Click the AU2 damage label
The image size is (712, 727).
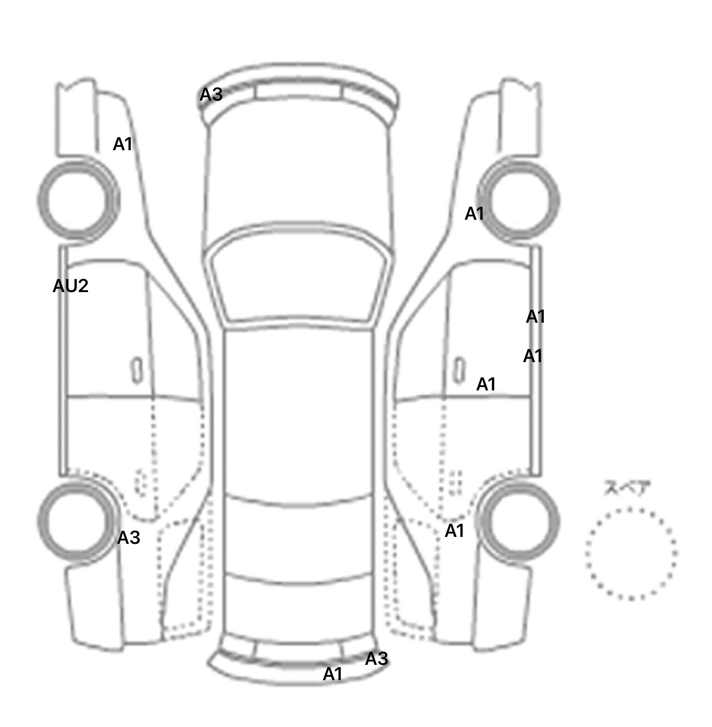point(70,286)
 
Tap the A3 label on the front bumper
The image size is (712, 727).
point(211,95)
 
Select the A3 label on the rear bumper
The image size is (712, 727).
point(376,658)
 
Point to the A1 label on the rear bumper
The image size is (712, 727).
point(332,674)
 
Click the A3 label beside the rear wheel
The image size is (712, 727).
point(128,538)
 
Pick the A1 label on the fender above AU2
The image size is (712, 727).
point(123,144)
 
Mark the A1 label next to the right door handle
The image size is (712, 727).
point(486,384)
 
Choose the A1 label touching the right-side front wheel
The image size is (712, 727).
point(474,214)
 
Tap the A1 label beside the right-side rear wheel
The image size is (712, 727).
point(454,531)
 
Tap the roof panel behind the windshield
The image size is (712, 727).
point(299,413)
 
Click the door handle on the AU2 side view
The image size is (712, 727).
point(137,370)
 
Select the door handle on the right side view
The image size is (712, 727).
point(459,370)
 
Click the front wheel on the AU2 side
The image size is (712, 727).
point(78,199)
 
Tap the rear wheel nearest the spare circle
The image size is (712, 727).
point(519,520)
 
